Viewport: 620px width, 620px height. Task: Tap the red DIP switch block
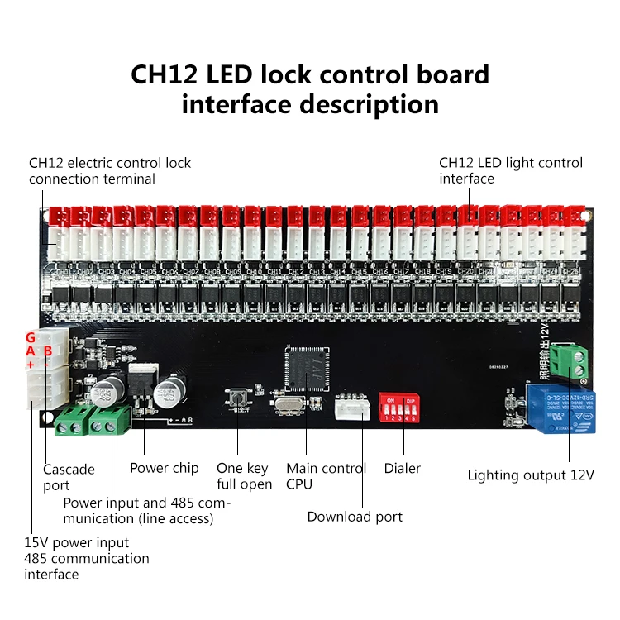[397, 408]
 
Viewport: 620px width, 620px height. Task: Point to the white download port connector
[352, 408]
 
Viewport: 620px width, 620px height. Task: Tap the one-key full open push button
[238, 395]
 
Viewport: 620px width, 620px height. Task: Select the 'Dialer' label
[403, 469]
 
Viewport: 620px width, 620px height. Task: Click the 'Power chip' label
[165, 468]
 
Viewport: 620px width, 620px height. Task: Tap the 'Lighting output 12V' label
[531, 475]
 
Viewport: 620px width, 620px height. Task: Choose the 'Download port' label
[355, 517]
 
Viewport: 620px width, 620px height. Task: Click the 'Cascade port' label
[69, 477]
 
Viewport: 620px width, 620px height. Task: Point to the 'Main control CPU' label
[326, 476]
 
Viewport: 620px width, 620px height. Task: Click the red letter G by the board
[31, 337]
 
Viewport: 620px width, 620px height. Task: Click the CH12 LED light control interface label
[510, 170]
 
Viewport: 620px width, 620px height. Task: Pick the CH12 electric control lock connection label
[110, 170]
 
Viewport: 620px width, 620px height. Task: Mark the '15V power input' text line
[76, 542]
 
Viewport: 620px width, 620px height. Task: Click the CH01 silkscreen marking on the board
[62, 271]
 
